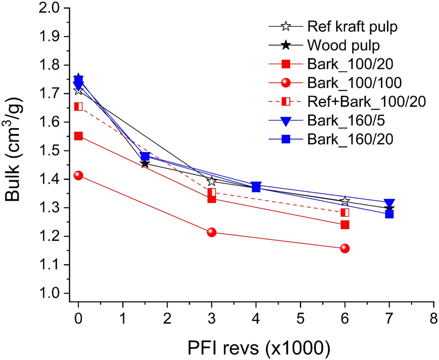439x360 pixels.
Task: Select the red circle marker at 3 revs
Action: coord(212,232)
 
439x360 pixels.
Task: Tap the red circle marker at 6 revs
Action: coord(345,248)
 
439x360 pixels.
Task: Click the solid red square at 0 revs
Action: coord(79,136)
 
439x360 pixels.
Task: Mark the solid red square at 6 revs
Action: coord(345,224)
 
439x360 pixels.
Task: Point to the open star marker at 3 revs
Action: coord(212,182)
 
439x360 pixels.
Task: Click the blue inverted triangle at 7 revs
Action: coord(389,203)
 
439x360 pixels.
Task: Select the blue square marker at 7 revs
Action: coord(389,214)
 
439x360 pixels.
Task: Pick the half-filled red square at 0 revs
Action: coord(79,107)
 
